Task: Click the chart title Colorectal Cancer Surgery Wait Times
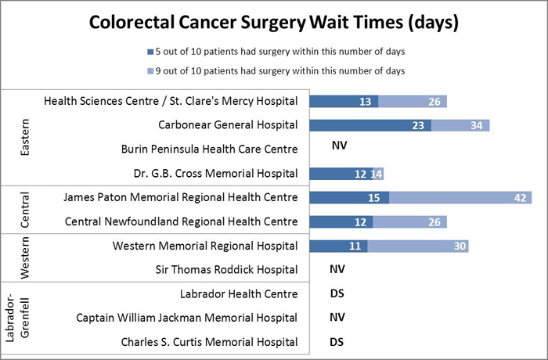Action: coord(273,23)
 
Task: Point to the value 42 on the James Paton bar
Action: coord(517,198)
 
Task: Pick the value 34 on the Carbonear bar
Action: coord(475,125)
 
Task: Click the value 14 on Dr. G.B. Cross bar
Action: coord(377,174)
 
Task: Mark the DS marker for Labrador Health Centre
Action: coord(338,294)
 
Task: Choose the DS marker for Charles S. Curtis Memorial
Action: coord(338,342)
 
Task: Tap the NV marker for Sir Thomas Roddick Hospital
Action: coord(339,270)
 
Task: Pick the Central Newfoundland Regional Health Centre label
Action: coord(181,222)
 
